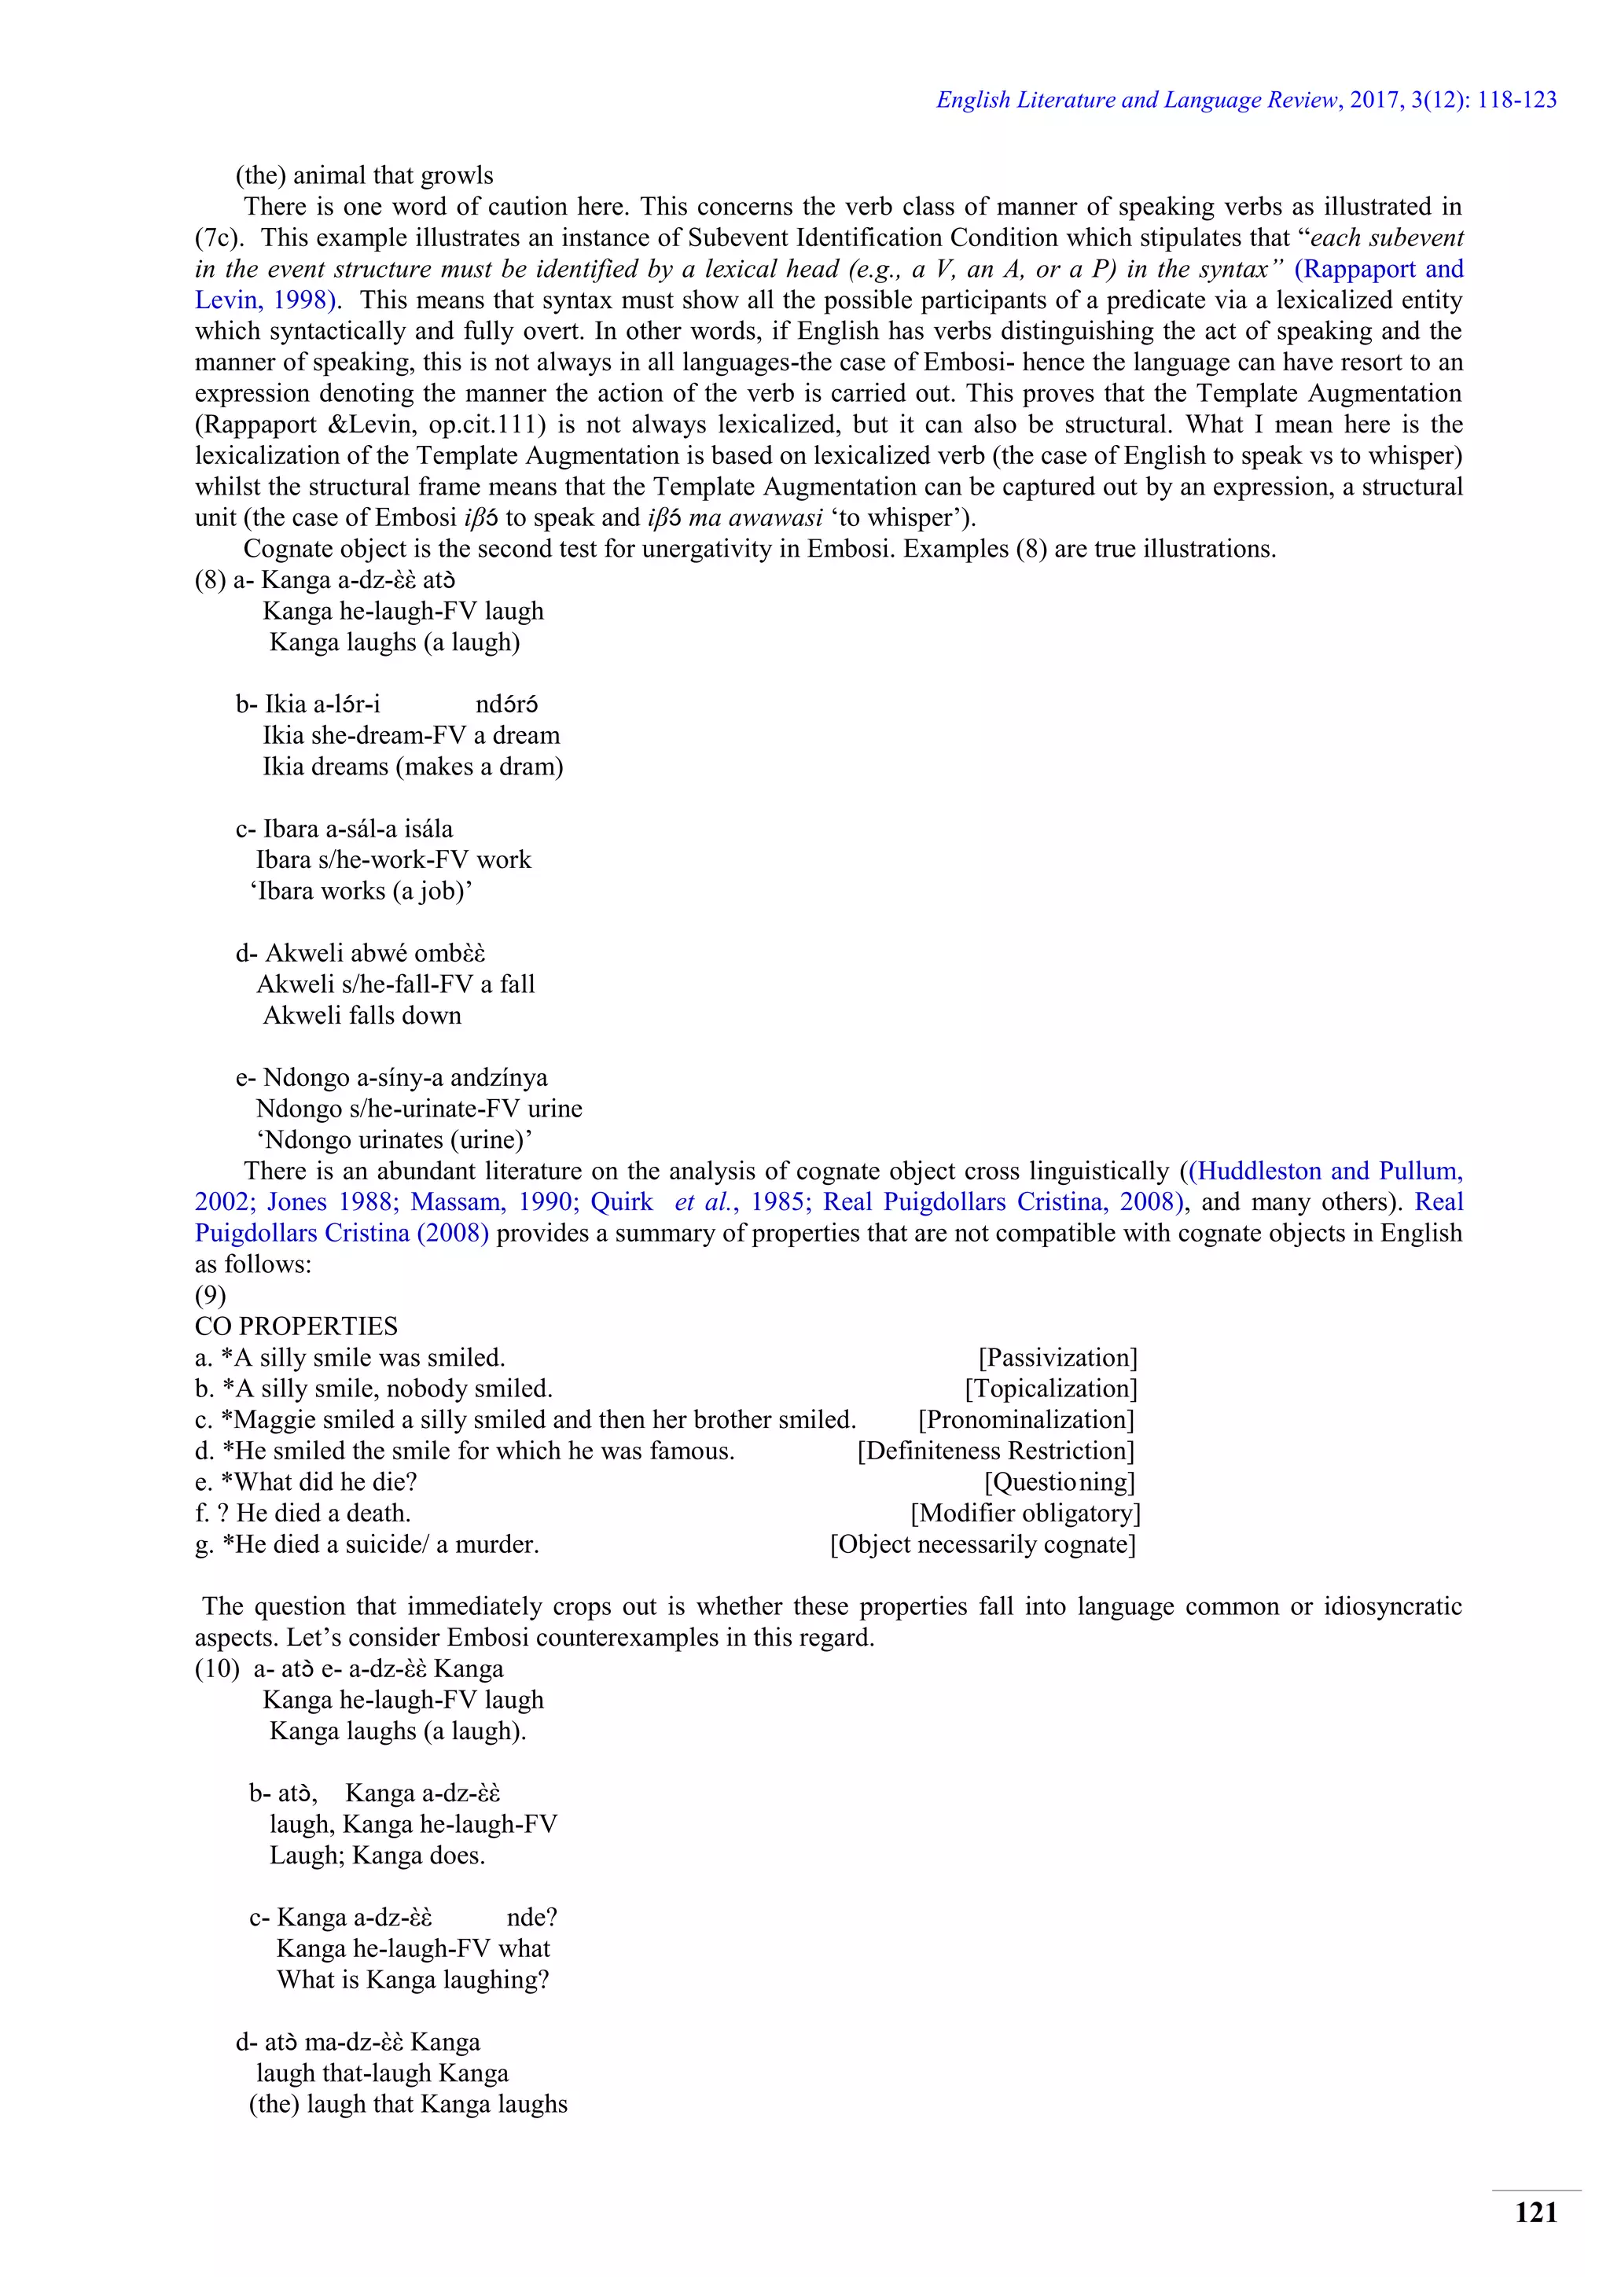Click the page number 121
1535,2213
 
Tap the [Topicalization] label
1051,1389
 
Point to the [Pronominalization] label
1026,1419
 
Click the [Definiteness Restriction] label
995,1451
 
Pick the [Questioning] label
1059,1481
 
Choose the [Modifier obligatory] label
1025,1514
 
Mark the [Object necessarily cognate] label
983,1544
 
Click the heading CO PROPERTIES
296,1327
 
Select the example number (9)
210,1295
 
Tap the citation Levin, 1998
259,300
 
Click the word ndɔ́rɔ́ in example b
506,705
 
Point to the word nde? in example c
532,1918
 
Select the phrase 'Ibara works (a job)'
361,892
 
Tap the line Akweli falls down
362,1016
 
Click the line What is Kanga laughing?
413,1981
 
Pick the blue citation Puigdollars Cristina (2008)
341,1234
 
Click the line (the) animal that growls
364,175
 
